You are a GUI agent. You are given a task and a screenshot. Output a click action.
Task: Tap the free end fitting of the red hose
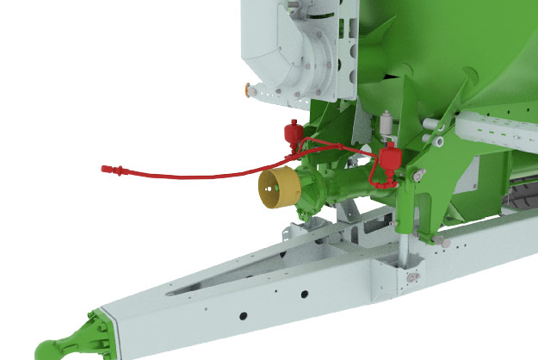point(108,169)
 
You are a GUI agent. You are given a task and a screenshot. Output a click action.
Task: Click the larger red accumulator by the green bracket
point(390,159)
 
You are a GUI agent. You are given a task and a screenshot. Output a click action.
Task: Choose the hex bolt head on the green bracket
point(419,177)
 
